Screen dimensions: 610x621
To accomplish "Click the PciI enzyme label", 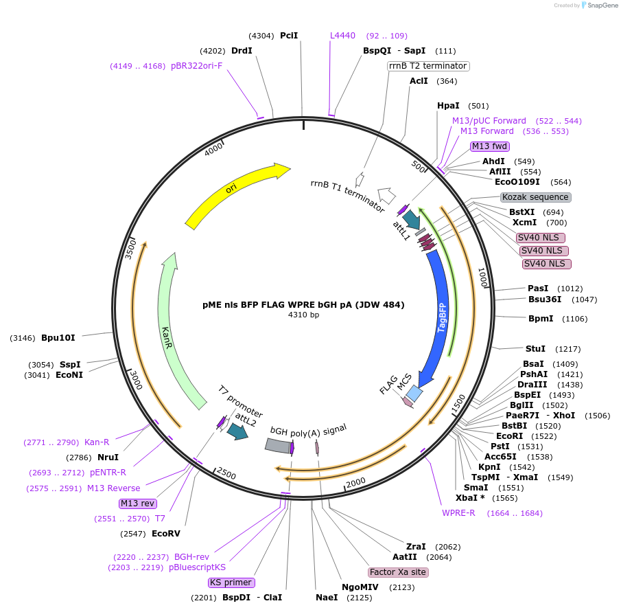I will (x=289, y=36).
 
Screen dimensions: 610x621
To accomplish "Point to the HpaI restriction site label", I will (x=447, y=106).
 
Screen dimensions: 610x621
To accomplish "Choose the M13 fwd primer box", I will (x=489, y=146).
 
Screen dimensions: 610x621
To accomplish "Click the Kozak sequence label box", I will (x=535, y=197).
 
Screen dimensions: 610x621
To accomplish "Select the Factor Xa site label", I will (x=398, y=572).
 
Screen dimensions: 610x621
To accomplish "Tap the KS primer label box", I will (x=231, y=583).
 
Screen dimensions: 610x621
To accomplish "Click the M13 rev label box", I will (x=138, y=504).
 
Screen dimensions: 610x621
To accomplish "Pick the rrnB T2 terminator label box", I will (x=428, y=66).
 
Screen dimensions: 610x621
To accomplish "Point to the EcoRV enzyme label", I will (x=165, y=533).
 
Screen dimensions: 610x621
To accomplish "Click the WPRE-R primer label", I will (x=458, y=513).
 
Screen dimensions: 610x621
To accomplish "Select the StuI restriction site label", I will (x=535, y=349).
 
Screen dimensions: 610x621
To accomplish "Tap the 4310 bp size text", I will (x=303, y=315).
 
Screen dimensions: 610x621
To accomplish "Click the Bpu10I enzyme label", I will (x=58, y=337).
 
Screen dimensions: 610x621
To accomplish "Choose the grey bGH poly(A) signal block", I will (x=277, y=446).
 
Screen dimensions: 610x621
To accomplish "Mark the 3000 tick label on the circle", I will (x=135, y=379).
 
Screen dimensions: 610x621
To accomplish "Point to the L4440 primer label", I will (x=342, y=36).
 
